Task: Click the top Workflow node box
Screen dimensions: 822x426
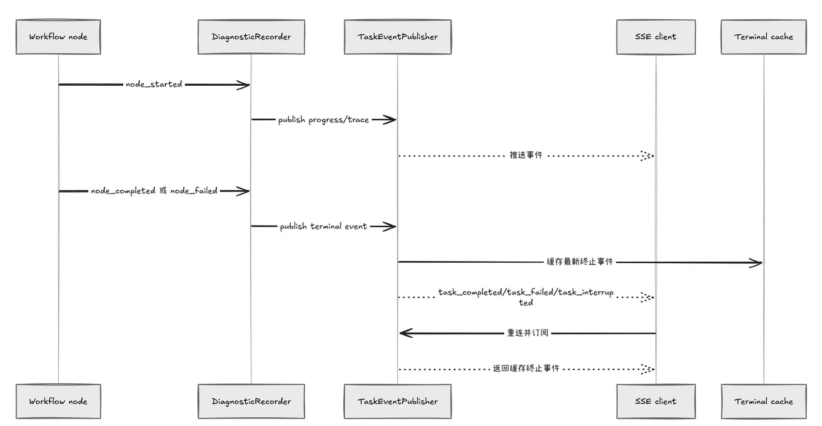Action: tap(58, 37)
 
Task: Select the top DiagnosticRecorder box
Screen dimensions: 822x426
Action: tap(251, 37)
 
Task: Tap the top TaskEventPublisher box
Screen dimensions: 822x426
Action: tap(398, 37)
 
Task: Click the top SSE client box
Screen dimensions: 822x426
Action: tap(656, 37)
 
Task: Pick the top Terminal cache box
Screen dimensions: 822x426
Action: tap(764, 37)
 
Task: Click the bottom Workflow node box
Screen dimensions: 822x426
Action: tap(58, 401)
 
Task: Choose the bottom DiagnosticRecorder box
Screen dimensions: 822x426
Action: tap(251, 401)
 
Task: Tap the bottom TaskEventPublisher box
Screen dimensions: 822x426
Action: tap(398, 401)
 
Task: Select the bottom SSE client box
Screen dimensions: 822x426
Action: tap(656, 401)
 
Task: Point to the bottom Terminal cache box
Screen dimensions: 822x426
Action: tap(764, 401)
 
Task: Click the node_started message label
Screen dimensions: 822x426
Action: tap(154, 85)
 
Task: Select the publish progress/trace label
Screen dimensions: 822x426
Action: tap(324, 120)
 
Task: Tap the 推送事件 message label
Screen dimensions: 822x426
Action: tap(526, 155)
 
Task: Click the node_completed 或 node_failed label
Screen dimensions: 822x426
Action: tap(154, 191)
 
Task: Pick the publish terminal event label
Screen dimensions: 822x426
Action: tap(324, 226)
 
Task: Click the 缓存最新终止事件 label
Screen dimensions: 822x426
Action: tap(580, 261)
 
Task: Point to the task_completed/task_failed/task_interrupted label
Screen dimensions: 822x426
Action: tap(526, 297)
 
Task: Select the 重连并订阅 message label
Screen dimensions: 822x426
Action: tap(528, 333)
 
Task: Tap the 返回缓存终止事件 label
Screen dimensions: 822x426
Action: tap(526, 368)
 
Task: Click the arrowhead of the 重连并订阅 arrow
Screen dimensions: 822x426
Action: tap(400, 333)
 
